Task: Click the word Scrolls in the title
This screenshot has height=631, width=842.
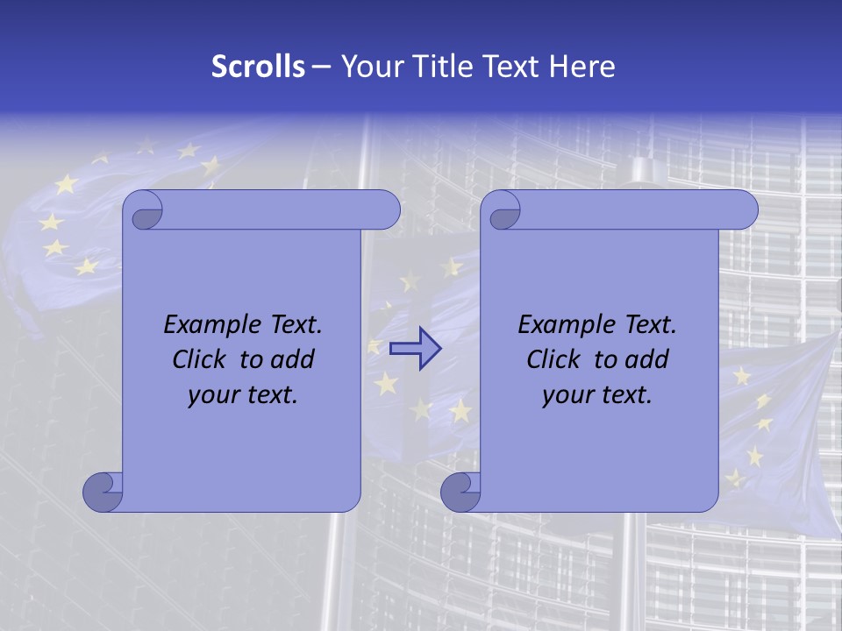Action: [x=258, y=67]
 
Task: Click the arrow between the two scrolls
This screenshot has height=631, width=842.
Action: [x=414, y=349]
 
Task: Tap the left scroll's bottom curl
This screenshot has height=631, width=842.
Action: [x=103, y=491]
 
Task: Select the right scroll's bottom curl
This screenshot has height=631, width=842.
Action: [x=460, y=491]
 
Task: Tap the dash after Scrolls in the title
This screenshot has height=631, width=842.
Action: [x=321, y=67]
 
